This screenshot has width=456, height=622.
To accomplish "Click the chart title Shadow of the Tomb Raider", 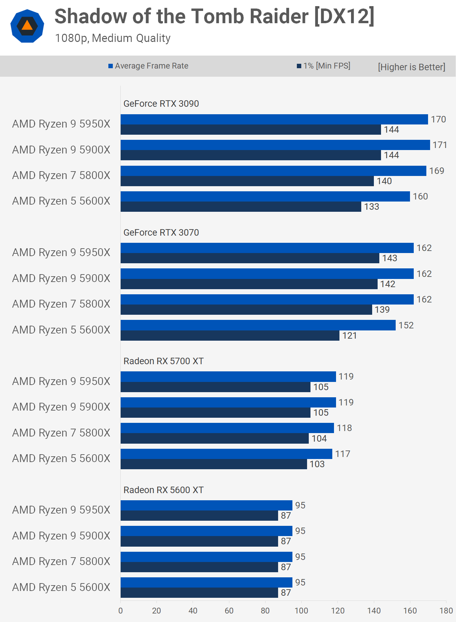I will coord(214,16).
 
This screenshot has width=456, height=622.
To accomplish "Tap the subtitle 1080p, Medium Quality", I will coord(113,38).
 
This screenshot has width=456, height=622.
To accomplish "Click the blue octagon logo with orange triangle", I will coord(27,26).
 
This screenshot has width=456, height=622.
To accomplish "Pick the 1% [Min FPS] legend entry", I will coord(323,66).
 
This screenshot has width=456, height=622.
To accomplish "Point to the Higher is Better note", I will coord(411,67).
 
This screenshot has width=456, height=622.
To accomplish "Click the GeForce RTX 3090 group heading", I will coord(161,104).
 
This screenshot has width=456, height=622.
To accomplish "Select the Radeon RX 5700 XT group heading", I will coord(163,361).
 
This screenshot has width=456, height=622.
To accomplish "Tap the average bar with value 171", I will coord(275,145).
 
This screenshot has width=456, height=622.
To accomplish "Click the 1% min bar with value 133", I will coord(241,207).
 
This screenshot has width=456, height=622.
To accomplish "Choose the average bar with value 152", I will coord(258,325).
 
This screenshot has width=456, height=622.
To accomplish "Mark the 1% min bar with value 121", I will coord(230,336).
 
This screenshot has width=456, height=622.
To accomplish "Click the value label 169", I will coord(437,171).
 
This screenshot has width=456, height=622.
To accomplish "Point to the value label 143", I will coord(390,258).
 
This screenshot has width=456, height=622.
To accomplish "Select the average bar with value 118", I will coord(227,428).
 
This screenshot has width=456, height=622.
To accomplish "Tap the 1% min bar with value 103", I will coord(214,464).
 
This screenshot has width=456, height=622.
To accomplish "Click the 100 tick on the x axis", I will coord(301,611).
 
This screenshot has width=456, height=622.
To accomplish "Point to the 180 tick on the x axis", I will coord(446,611).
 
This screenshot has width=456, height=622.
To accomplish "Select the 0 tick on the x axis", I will coord(120,611).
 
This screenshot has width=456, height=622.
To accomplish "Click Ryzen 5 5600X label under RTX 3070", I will coord(61,330).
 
